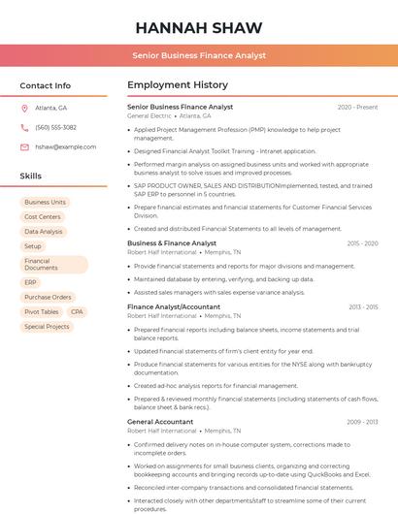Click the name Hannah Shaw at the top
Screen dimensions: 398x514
198,26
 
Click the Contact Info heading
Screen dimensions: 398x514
46,85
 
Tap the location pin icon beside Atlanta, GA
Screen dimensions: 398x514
24,109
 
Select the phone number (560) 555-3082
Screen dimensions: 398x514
55,127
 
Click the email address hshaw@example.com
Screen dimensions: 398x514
59,146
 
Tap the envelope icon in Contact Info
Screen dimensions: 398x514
24,146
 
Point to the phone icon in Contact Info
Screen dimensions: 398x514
24,127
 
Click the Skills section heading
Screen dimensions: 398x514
31,177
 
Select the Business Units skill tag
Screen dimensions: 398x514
45,203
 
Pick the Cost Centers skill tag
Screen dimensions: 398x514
43,217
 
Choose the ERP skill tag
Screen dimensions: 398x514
30,282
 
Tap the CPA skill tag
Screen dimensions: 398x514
77,312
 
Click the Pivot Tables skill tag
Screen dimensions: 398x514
41,312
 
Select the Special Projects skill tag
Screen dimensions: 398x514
47,327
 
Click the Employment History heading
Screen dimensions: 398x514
178,85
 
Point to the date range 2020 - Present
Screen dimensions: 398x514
357,107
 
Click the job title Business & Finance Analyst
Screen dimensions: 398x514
172,243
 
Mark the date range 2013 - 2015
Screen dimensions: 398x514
362,306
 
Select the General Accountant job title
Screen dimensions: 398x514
160,422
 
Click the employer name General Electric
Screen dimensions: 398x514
149,115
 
